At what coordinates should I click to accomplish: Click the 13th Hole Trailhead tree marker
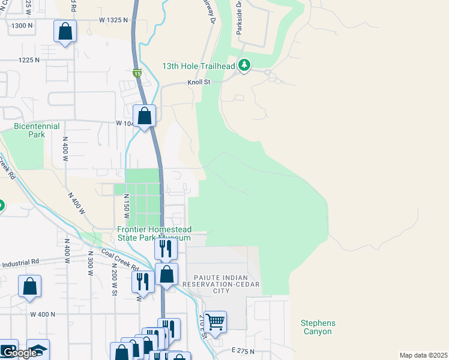tap(244, 65)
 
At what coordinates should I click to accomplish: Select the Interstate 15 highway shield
tap(137, 74)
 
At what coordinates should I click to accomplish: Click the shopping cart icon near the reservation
tap(215, 322)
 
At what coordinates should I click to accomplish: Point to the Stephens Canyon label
tap(318, 327)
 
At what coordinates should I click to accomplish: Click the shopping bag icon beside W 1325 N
tap(65, 32)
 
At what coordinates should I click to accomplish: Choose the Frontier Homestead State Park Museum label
tap(154, 233)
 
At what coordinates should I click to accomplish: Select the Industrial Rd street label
tap(20, 263)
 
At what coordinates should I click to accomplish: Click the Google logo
tap(19, 353)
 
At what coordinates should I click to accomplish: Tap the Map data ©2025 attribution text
tap(423, 355)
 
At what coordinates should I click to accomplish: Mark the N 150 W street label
tap(127, 206)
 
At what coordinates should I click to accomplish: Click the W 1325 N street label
tap(113, 20)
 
